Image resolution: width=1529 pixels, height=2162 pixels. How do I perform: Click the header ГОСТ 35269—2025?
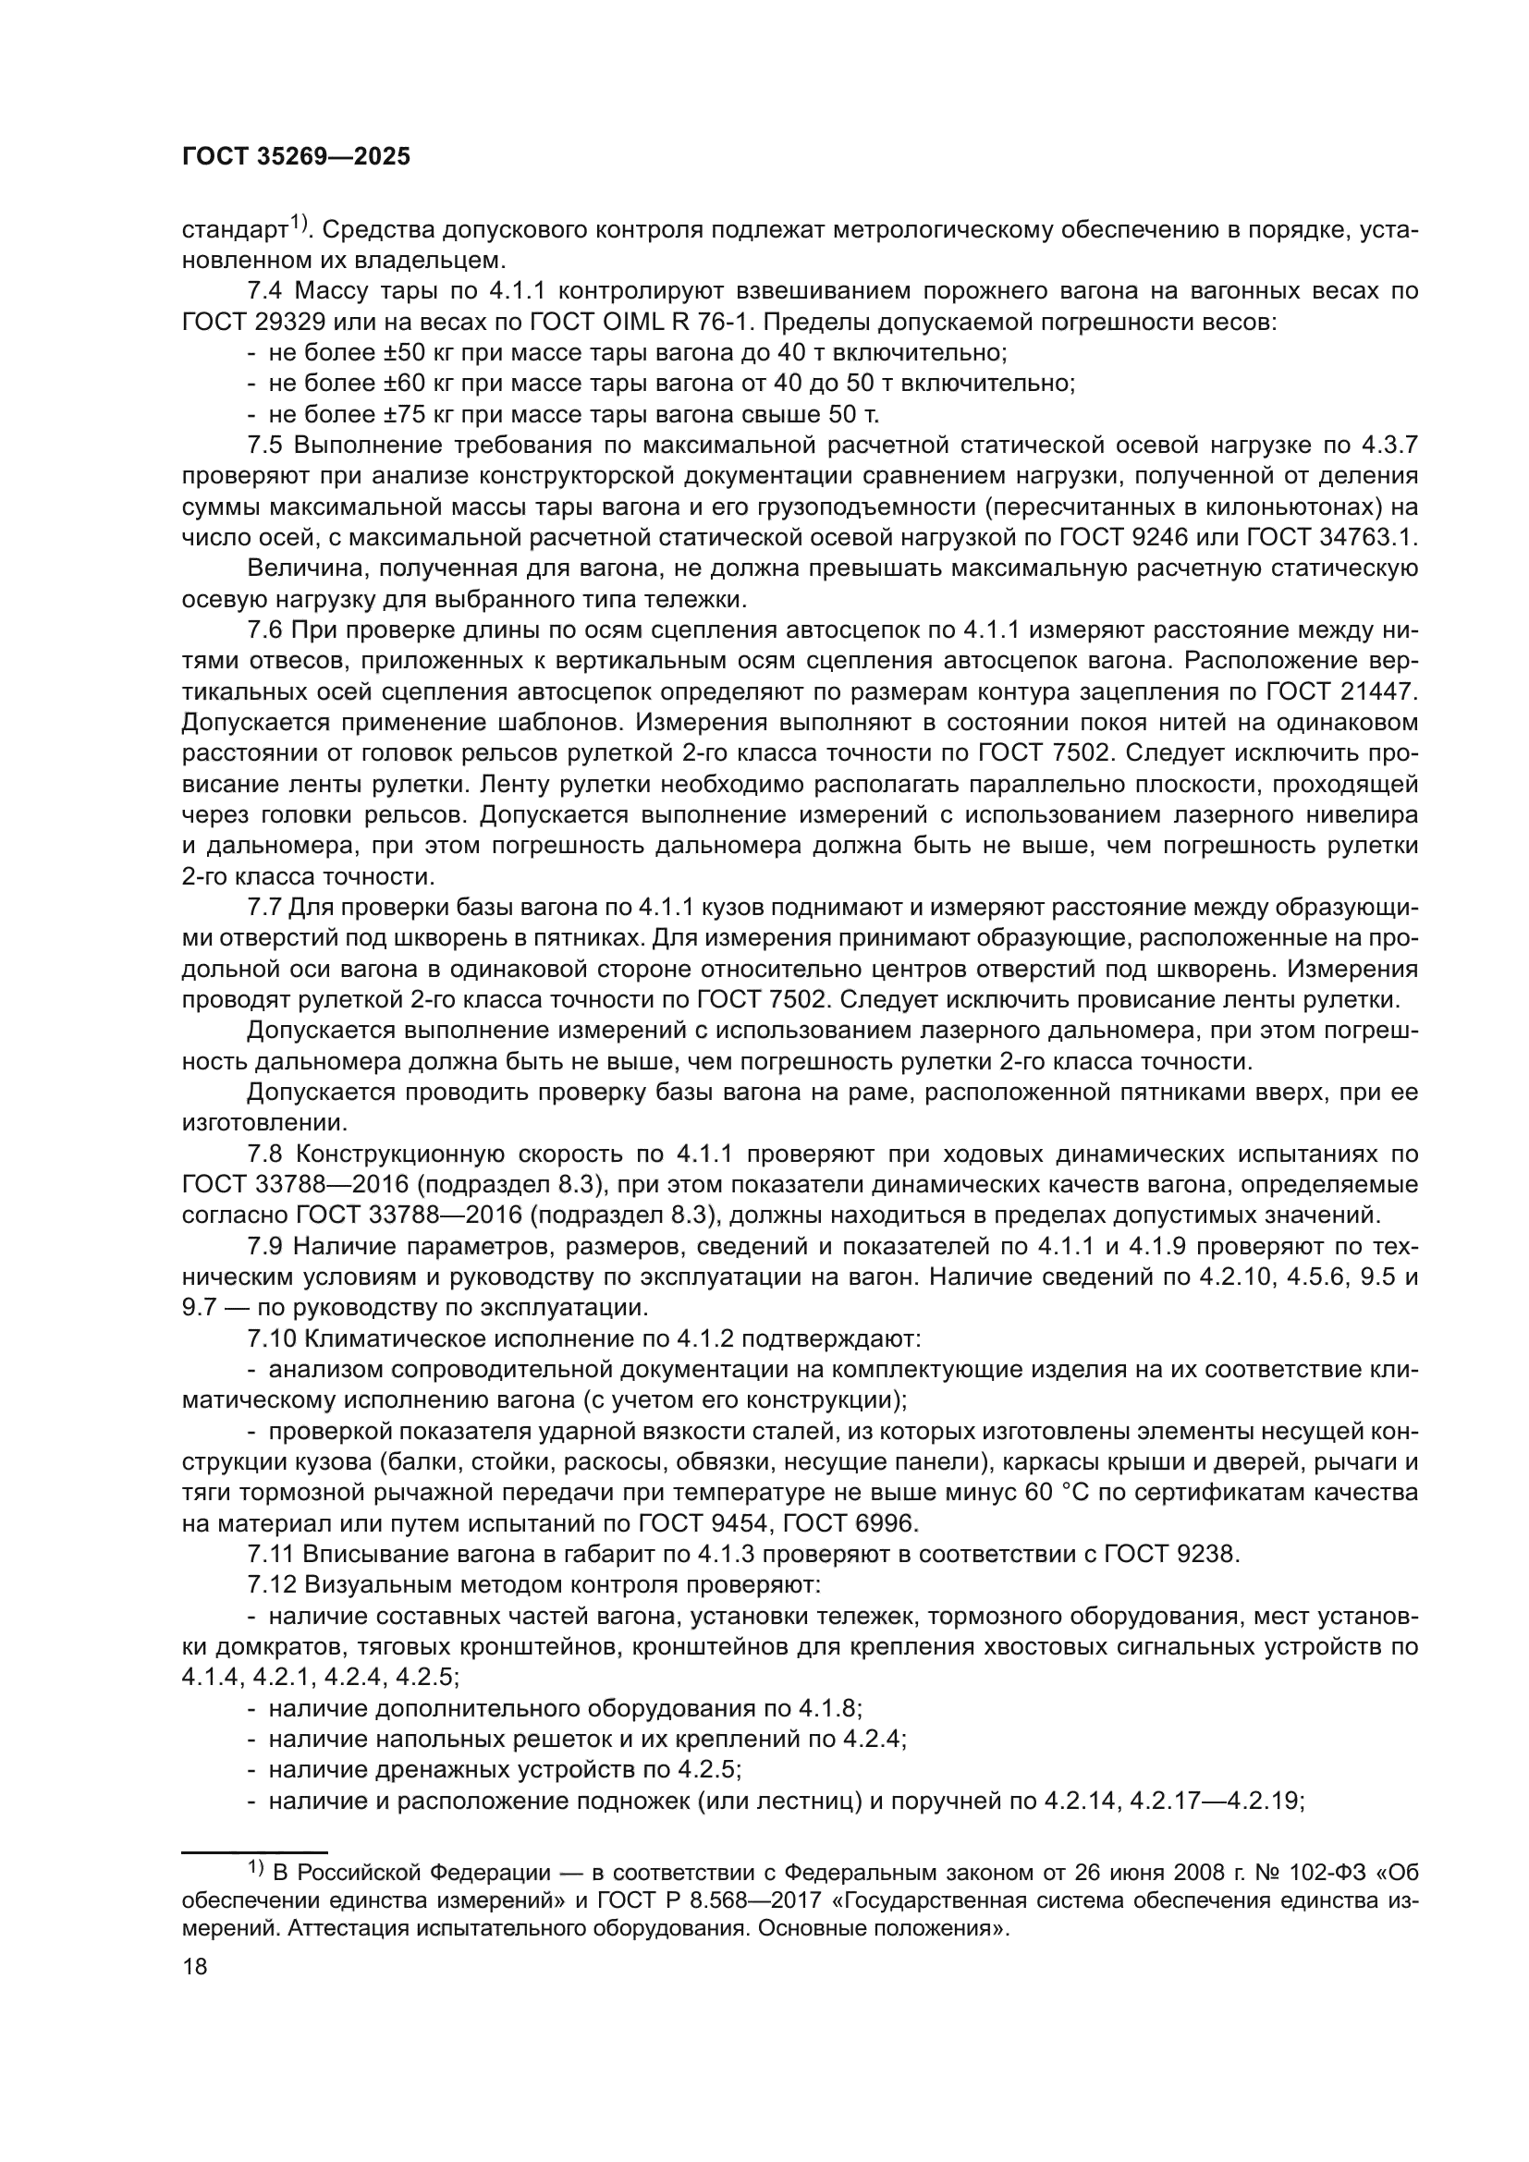(x=296, y=157)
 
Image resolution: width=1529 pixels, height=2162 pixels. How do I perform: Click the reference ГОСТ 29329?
(x=253, y=322)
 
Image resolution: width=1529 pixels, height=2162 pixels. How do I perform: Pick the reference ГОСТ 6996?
(x=837, y=1523)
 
